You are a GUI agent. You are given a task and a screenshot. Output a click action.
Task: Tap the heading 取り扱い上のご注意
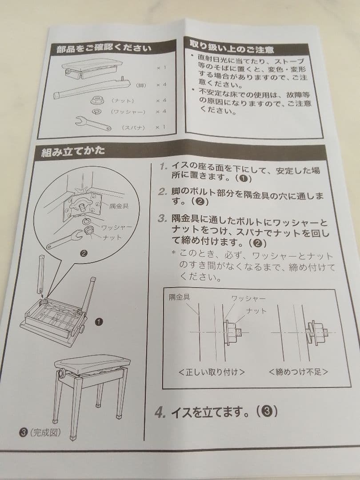tap(231, 46)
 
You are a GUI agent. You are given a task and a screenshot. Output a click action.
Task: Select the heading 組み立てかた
tap(73, 152)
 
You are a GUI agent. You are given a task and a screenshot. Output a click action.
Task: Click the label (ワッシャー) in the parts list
tap(128, 112)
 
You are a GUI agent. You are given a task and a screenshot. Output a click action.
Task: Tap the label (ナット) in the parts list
tap(123, 101)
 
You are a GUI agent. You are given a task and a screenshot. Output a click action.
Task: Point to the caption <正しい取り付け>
tap(211, 372)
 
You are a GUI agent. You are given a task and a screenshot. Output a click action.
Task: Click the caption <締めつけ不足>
tap(298, 372)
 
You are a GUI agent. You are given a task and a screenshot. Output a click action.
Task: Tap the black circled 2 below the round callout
tap(83, 254)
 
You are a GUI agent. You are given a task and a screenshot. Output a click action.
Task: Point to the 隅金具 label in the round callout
tap(119, 207)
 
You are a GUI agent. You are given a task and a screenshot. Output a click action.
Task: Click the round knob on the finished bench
tap(59, 372)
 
